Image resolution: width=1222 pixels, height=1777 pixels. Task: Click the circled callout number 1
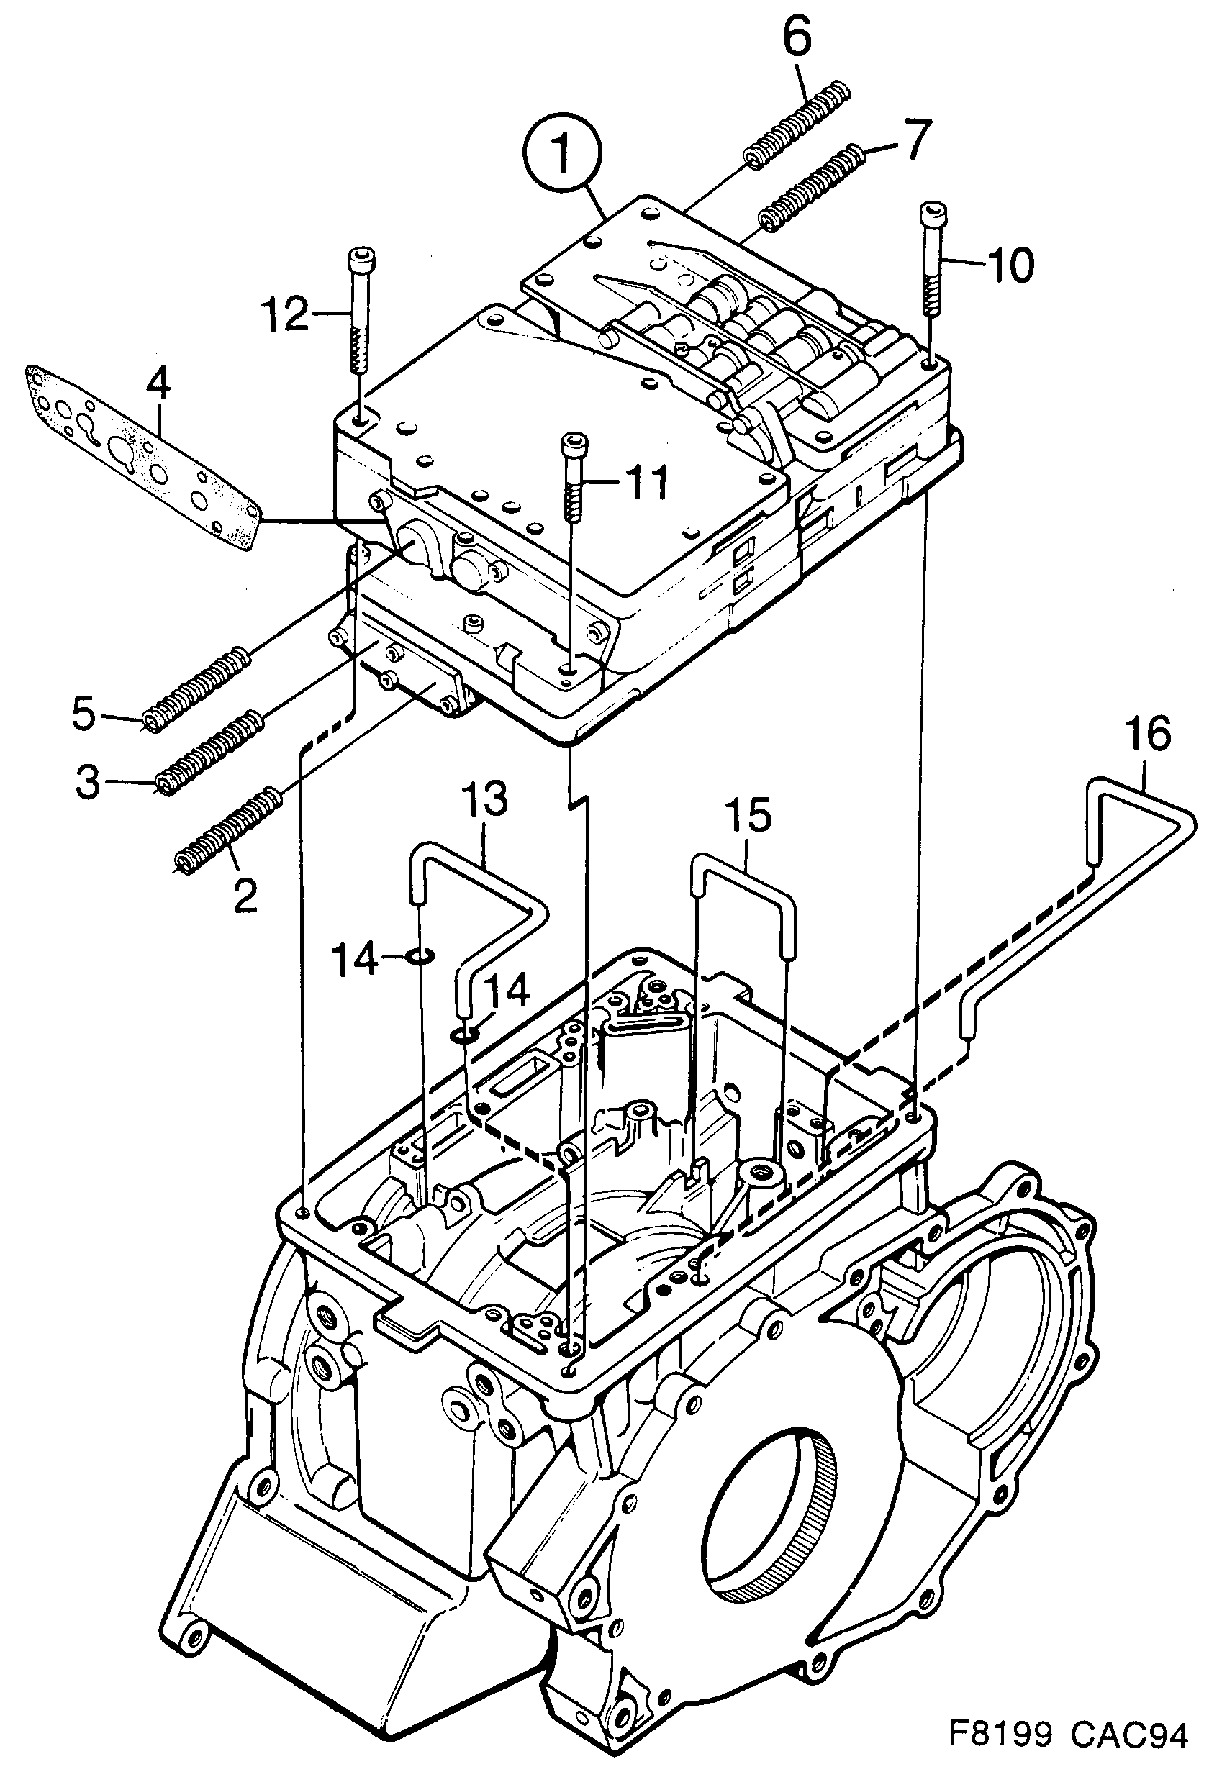(563, 153)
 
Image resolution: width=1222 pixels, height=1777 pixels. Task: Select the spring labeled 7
(812, 188)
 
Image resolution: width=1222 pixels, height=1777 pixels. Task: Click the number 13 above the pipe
(484, 799)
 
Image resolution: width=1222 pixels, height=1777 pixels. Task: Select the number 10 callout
(1010, 265)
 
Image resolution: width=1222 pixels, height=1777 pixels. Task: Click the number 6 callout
(796, 38)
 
